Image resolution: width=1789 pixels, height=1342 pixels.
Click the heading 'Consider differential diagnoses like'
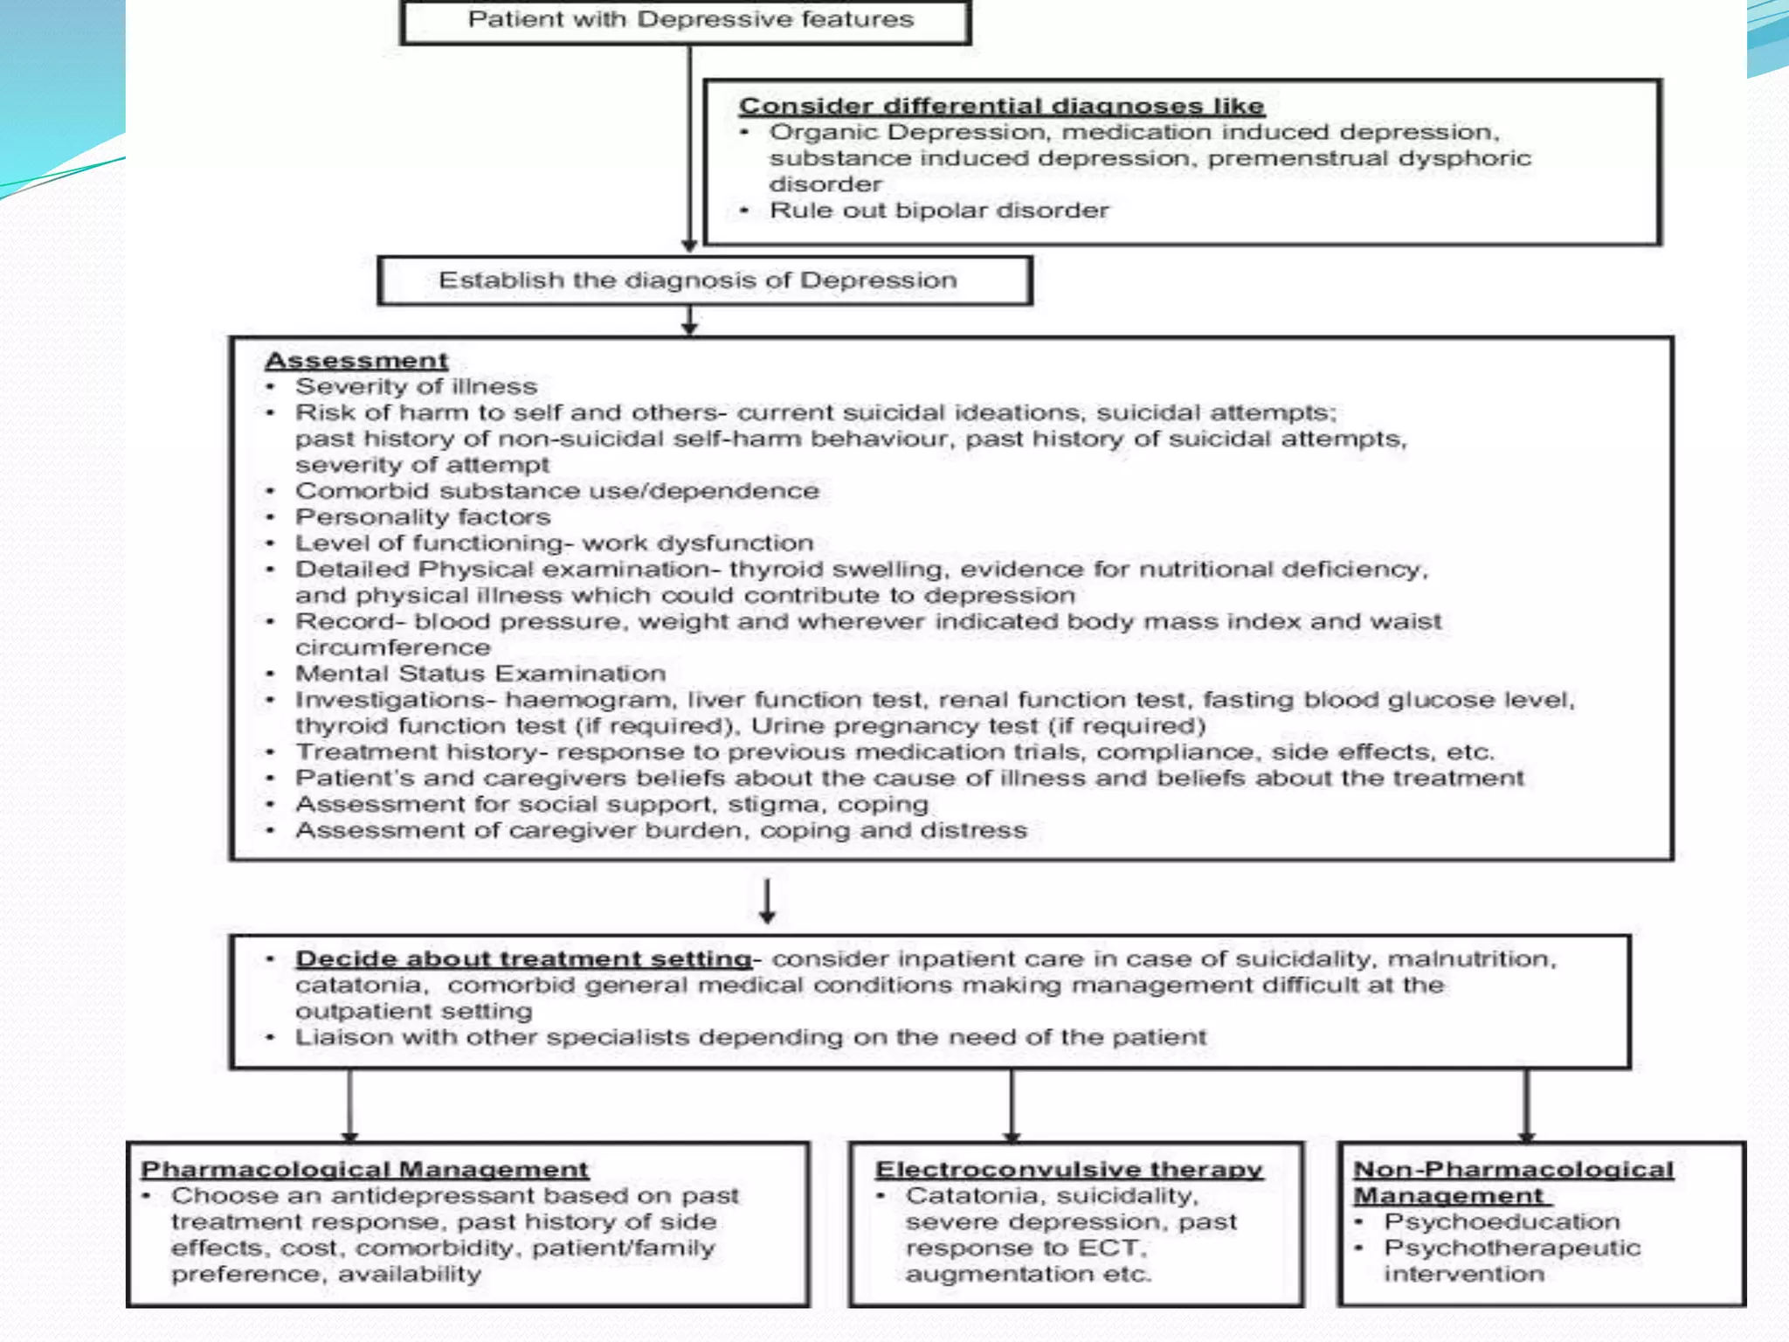point(1001,107)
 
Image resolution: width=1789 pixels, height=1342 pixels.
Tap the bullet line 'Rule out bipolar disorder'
point(938,211)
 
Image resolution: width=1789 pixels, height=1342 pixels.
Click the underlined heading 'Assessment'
point(356,361)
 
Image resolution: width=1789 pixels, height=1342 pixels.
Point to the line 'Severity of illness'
point(416,386)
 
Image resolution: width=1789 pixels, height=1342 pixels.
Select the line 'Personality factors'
point(423,517)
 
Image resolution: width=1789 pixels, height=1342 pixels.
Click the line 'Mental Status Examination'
point(480,674)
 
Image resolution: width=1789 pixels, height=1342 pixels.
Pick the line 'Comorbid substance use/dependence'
point(556,491)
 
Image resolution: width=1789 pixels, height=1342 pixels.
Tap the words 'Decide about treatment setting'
point(523,958)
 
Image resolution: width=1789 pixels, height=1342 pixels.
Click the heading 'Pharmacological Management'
point(365,1169)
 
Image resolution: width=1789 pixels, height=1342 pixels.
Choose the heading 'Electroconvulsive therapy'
point(1068,1169)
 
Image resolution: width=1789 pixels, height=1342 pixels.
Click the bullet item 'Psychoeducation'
point(1501,1221)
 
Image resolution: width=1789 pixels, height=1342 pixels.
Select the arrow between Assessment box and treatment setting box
point(767,901)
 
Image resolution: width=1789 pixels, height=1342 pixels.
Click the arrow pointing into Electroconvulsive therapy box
point(1012,1106)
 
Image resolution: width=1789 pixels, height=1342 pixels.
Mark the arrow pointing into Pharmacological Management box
point(349,1106)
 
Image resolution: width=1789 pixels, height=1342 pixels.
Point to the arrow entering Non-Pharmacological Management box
point(1526,1106)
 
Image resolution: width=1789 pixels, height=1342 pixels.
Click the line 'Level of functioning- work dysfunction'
point(554,543)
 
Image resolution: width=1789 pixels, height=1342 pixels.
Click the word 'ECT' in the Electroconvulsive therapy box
point(1110,1248)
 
